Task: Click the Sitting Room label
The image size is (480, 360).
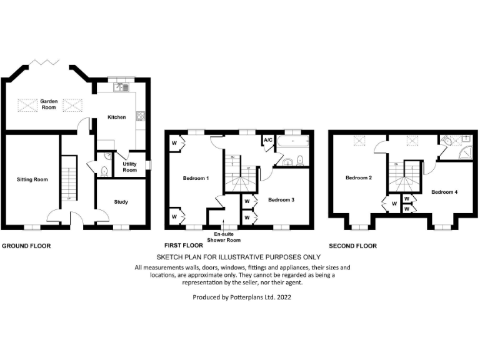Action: [x=32, y=179]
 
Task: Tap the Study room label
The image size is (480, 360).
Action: [x=121, y=202]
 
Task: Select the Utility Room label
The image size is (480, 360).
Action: [x=129, y=166]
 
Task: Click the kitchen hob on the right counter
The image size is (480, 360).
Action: [x=141, y=116]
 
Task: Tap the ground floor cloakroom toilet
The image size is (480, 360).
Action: [x=104, y=169]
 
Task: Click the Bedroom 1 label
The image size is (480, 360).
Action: [x=196, y=179]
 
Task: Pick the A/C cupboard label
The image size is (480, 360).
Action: [x=268, y=140]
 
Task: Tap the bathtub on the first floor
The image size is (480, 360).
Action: [x=292, y=142]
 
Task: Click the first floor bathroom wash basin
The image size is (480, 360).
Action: [x=288, y=162]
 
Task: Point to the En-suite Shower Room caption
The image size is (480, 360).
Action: [x=223, y=237]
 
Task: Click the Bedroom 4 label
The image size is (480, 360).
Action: [x=444, y=192]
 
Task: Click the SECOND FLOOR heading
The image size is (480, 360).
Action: [x=352, y=246]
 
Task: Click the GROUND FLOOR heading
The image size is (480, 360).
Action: [x=26, y=246]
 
